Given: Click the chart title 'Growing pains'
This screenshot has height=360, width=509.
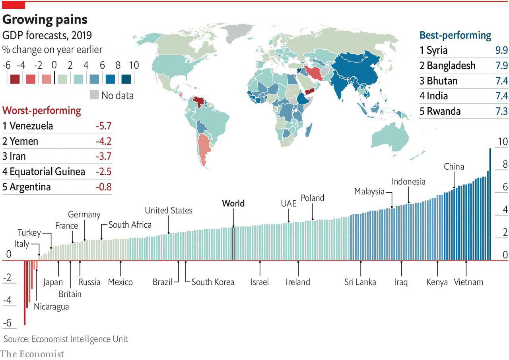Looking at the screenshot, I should pos(45,19).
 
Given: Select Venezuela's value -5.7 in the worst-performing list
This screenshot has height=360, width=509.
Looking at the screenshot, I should pos(103,126).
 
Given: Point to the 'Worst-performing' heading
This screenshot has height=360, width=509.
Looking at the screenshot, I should pos(42,110).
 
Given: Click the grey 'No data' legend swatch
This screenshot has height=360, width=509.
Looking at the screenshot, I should pos(94,95).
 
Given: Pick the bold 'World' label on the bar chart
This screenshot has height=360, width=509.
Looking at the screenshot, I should pos(233,203).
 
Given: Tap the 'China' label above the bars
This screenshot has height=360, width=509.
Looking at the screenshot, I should pos(454,166).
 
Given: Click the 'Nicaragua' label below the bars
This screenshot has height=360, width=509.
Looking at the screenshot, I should pos(51,306).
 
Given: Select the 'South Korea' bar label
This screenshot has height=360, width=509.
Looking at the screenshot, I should pos(213,282).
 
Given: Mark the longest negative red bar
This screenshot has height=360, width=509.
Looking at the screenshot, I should pos(25,292).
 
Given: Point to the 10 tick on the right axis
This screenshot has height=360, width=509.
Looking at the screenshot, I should pos(503,142).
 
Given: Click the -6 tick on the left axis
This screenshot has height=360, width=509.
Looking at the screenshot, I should pos(7,323).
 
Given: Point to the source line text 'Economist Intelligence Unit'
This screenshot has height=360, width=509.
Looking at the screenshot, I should pos(80,339).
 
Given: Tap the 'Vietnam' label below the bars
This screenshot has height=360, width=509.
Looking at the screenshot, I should pos(468,282).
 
